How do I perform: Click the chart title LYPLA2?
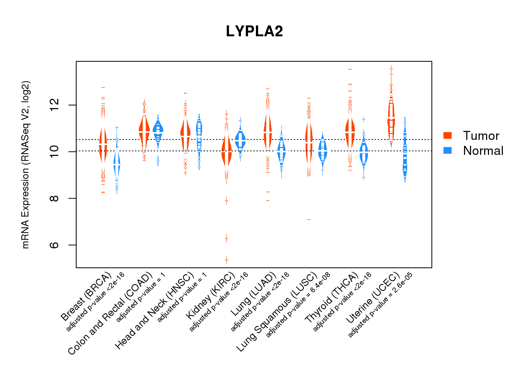tap(254, 31)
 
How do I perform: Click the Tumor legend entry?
tap(480, 136)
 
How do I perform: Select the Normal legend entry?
tap(483, 151)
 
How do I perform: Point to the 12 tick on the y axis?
tap(55, 105)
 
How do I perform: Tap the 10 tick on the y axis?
tap(55, 151)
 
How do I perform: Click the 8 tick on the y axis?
tap(55, 198)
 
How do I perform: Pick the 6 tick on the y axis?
tap(55, 245)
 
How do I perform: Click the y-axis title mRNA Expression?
tap(25, 165)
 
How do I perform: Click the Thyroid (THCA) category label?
tap(331, 298)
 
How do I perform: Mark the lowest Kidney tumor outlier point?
tap(226, 260)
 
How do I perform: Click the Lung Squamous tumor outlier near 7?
tap(309, 220)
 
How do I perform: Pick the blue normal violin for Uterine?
tap(405, 153)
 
